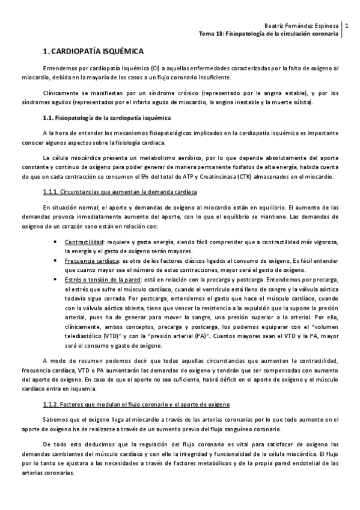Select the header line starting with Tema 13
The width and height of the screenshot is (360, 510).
269,34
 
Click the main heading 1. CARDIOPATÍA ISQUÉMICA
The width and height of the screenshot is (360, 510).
94,52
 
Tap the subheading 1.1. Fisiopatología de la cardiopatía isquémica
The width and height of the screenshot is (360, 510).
103,117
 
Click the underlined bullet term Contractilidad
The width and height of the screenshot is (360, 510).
85,242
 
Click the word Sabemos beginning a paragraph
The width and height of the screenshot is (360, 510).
55,419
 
